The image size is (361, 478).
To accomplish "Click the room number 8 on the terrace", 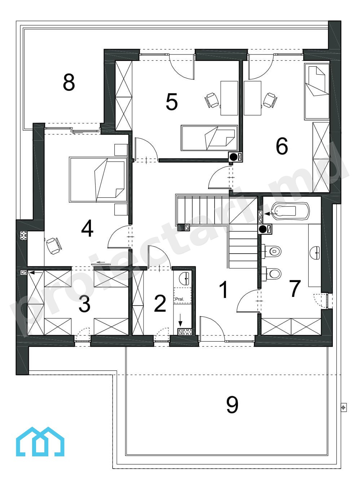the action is pyautogui.click(x=69, y=82).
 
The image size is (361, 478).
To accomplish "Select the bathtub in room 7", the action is pyautogui.click(x=291, y=211).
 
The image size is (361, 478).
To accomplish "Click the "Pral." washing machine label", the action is pyautogui.click(x=180, y=299).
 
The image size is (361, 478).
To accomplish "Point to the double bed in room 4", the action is pyautogui.click(x=98, y=180).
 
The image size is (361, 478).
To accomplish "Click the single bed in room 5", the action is pyautogui.click(x=209, y=138).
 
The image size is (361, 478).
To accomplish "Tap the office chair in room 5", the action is pyautogui.click(x=212, y=100).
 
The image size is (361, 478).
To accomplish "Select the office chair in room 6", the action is pyautogui.click(x=270, y=100).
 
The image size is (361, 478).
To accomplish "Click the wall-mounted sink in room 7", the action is pyautogui.click(x=315, y=253).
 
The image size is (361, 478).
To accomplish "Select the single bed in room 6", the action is pyautogui.click(x=317, y=91).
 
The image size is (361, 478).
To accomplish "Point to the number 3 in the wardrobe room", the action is pyautogui.click(x=84, y=304).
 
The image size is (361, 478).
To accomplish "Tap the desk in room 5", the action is pyautogui.click(x=229, y=98).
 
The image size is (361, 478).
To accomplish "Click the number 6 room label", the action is pyautogui.click(x=282, y=146).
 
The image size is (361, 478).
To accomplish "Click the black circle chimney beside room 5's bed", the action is pyautogui.click(x=233, y=157).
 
